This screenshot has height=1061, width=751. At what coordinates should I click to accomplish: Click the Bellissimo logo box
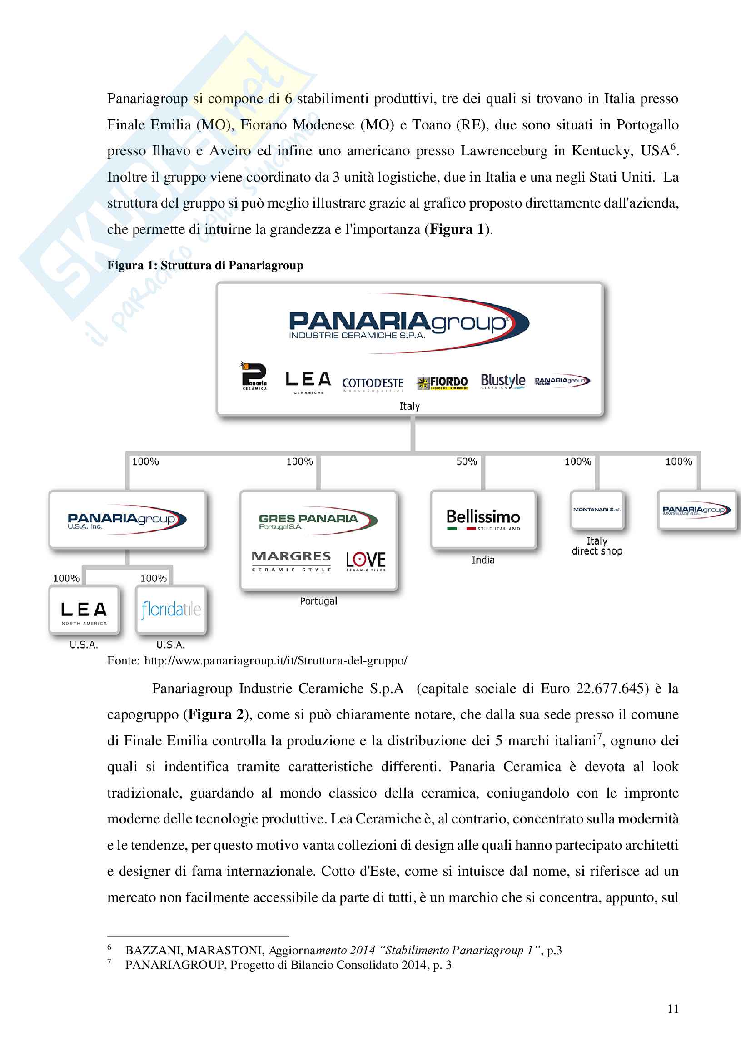pyautogui.click(x=483, y=520)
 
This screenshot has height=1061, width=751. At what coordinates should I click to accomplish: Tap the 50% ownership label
pyautogui.click(x=466, y=461)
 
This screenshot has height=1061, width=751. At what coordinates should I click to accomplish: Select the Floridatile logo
pyautogui.click(x=171, y=610)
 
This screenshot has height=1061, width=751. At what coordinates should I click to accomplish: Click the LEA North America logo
pyautogui.click(x=84, y=611)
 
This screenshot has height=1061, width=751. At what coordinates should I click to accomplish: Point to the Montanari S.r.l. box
pyautogui.click(x=597, y=510)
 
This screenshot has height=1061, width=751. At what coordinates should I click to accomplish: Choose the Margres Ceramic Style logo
pyautogui.click(x=291, y=561)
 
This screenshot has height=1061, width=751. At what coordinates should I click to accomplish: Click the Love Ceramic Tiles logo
pyautogui.click(x=366, y=561)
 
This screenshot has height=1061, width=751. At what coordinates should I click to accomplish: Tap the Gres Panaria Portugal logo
pyautogui.click(x=317, y=521)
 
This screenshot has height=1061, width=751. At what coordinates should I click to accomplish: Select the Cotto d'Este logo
pyautogui.click(x=373, y=384)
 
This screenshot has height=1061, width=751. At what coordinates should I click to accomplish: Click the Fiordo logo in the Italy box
pyautogui.click(x=443, y=382)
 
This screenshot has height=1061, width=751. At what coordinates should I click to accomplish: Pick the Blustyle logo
pyautogui.click(x=502, y=381)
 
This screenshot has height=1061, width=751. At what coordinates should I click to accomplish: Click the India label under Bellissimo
pyautogui.click(x=483, y=560)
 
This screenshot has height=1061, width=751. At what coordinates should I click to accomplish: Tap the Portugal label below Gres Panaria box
pyautogui.click(x=318, y=601)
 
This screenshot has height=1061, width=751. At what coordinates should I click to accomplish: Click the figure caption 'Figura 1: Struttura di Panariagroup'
pyautogui.click(x=205, y=265)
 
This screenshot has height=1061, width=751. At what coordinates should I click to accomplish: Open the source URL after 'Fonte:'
pyautogui.click(x=276, y=660)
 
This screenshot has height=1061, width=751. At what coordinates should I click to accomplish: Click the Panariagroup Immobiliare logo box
pyautogui.click(x=696, y=510)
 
